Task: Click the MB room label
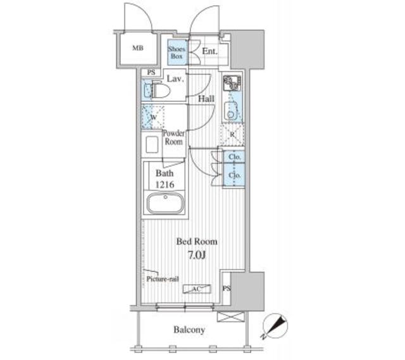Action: point(138,48)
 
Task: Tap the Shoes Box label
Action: point(177,53)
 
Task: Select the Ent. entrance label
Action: point(209,51)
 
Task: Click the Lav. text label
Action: point(175,78)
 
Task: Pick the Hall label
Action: point(206,99)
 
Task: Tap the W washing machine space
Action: point(153,116)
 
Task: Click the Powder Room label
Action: point(173,137)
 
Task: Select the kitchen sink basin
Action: point(230,111)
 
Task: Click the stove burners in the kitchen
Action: point(232,83)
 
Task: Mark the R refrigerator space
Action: point(232,134)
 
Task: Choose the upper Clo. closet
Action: point(234,157)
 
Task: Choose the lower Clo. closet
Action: point(234,175)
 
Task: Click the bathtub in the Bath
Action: point(166,203)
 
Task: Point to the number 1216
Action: point(165,185)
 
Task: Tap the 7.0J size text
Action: point(197,255)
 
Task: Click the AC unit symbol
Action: point(197,289)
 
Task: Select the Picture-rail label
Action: point(163,279)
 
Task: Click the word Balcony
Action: point(189,330)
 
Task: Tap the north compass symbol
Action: point(275,326)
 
